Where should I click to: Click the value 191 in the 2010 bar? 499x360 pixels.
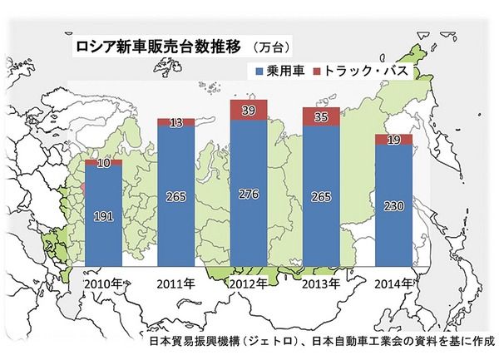[104, 217]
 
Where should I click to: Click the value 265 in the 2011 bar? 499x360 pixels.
[175, 196]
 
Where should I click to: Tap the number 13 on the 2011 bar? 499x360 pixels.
[175, 123]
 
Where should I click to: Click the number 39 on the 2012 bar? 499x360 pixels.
[248, 109]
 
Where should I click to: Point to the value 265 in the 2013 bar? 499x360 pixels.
[321, 197]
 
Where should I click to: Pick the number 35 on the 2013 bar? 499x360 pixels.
[321, 117]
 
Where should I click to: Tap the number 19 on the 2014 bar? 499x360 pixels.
[393, 140]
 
